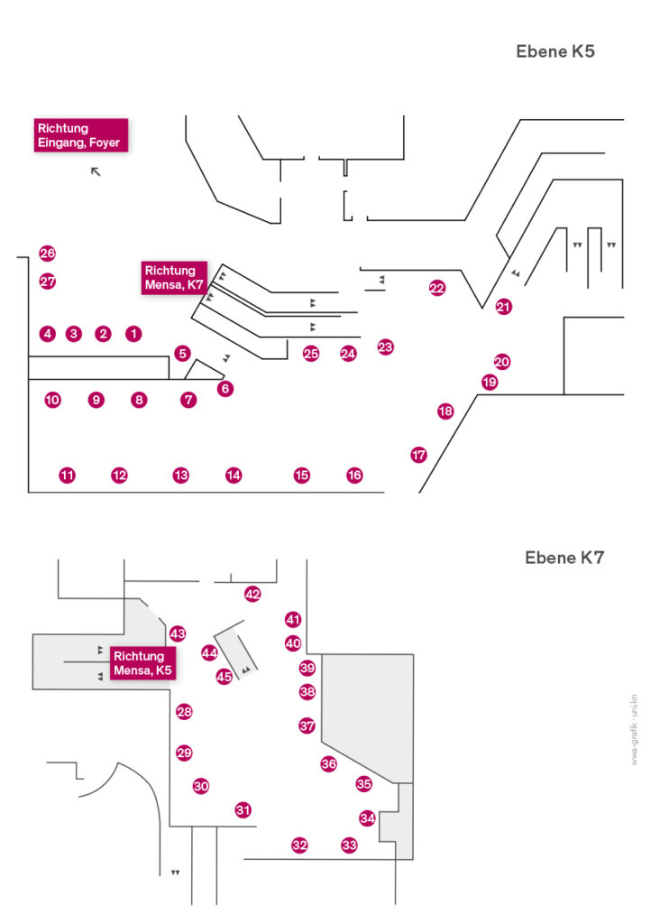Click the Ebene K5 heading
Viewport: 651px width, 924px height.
555,51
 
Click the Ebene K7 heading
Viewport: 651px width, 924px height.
564,559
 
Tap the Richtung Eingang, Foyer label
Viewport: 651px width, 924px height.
81,135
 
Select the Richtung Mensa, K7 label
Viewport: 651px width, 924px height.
175,278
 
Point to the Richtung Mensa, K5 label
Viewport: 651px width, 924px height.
142,663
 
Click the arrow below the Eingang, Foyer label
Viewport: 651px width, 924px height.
96,171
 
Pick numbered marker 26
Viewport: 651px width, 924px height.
48,254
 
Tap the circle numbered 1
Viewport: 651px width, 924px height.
133,334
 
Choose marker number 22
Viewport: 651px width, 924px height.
437,289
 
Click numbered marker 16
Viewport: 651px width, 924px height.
354,475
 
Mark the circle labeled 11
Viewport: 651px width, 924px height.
67,475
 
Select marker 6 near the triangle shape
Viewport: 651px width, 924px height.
225,389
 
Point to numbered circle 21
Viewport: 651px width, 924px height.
503,307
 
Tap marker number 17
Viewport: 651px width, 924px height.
418,455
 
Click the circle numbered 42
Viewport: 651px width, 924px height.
252,594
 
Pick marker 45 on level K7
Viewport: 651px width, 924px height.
225,676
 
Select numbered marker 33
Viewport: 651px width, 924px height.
349,845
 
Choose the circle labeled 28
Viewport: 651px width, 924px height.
184,712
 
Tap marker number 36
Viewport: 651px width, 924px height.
328,763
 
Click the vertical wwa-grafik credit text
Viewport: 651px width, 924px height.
634,731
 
